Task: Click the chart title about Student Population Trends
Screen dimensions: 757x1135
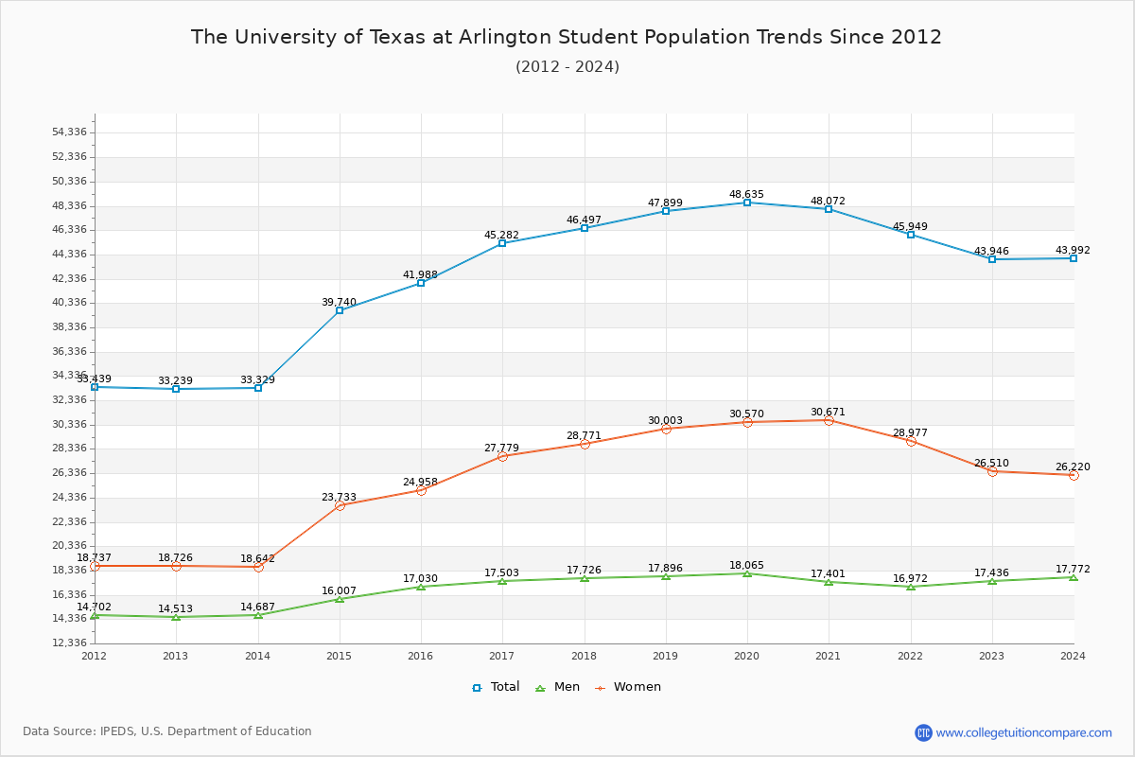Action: pos(567,37)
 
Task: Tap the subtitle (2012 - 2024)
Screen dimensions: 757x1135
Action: pos(567,66)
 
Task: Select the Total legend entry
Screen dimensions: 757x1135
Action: pos(497,687)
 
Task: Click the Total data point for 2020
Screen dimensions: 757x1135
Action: pos(747,202)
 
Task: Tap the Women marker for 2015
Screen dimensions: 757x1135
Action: pos(340,505)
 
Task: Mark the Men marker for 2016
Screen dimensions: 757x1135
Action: pos(421,587)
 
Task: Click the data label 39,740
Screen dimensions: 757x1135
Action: pos(339,303)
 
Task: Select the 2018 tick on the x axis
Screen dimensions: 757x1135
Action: pos(584,655)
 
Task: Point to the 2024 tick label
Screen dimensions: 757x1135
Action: pos(1073,655)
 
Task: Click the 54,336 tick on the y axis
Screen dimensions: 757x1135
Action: pos(69,132)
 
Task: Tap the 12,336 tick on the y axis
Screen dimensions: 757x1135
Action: pos(69,643)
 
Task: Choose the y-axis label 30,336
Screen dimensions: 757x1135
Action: pos(69,424)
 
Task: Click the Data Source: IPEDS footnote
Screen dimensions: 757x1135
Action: pos(167,731)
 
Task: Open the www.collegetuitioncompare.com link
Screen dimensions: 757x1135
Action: pos(1023,732)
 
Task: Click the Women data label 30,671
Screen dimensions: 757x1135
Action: pos(828,412)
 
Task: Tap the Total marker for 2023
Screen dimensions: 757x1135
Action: pos(992,259)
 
